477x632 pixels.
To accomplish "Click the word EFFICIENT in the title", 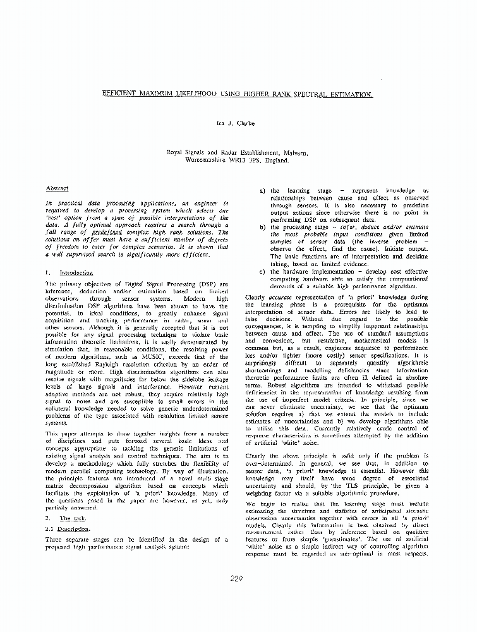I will point(121,94).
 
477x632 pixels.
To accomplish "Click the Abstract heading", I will point(57,188).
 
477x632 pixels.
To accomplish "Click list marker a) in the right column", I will point(262,190).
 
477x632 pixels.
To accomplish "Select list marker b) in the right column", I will point(262,227).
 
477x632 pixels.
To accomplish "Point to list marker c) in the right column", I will point(262,272).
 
